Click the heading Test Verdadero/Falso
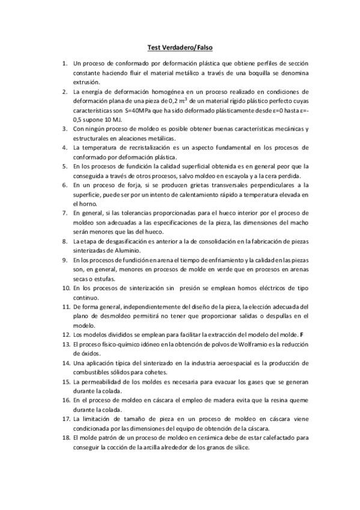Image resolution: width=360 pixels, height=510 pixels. click(x=180, y=47)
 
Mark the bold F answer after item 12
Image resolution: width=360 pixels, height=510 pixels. click(x=302, y=334)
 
